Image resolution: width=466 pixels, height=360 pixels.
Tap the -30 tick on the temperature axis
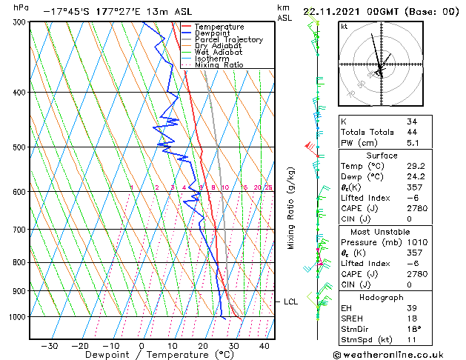[49, 345]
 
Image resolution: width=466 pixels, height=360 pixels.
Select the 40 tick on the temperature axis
[264, 345]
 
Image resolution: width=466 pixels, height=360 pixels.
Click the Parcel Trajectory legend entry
[228, 40]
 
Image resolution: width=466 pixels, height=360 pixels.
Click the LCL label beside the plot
[290, 301]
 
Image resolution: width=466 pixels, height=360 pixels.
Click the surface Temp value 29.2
[414, 167]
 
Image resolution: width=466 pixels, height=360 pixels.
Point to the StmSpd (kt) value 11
[411, 341]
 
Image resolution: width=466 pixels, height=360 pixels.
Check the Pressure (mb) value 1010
[416, 241]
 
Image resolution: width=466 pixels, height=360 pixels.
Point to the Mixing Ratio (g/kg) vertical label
[292, 208]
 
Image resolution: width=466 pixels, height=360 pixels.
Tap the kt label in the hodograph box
[344, 27]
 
